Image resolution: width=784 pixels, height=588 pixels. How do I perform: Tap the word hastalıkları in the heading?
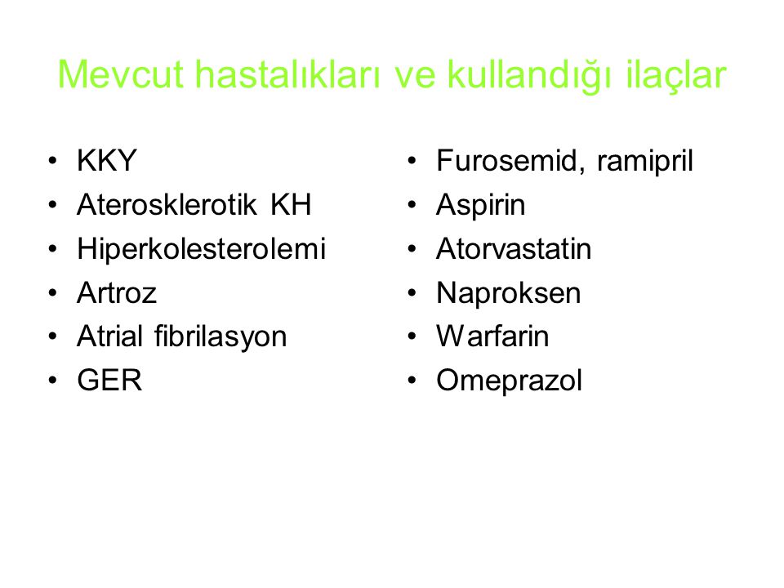coord(287,74)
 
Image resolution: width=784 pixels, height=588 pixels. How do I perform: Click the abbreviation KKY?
coord(106,161)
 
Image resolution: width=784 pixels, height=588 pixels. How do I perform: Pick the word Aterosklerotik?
coord(167,204)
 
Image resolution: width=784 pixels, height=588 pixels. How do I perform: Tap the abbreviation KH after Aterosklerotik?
coord(291,204)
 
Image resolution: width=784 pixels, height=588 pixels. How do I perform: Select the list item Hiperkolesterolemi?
coord(201,248)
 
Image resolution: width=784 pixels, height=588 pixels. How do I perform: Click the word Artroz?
coord(117,292)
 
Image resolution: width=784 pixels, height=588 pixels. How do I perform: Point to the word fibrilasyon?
coord(220,336)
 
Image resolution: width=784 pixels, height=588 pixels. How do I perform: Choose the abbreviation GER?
coord(109,380)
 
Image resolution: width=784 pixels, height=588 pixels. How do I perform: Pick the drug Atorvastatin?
coord(514,248)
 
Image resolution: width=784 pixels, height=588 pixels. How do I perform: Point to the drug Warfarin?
coord(492,336)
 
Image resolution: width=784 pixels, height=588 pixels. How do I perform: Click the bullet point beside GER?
coord(53,380)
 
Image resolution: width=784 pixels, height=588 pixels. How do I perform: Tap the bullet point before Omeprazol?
coord(412,380)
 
